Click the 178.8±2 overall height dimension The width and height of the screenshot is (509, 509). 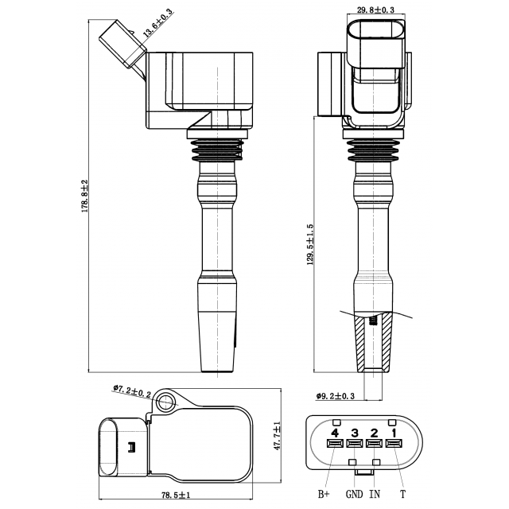[x=85, y=196]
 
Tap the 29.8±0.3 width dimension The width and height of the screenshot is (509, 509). [x=375, y=10]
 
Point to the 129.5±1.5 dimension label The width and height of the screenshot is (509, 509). [x=310, y=244]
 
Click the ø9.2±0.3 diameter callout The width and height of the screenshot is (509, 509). [x=336, y=396]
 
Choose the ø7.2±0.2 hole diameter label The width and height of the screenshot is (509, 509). [x=132, y=391]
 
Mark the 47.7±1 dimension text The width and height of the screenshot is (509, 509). [x=277, y=436]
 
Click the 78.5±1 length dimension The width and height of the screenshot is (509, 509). [x=176, y=495]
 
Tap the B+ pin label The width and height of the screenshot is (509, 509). [x=324, y=494]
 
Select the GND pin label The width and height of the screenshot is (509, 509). [x=354, y=494]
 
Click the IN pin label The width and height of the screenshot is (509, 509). [x=375, y=494]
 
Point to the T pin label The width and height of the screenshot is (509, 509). [x=403, y=494]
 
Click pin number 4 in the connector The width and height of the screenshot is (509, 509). [x=335, y=433]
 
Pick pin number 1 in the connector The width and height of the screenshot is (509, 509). [x=394, y=433]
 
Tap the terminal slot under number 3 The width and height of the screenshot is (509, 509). [x=355, y=443]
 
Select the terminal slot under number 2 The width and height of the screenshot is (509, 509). [x=375, y=443]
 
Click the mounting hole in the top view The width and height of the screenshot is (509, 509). [x=166, y=402]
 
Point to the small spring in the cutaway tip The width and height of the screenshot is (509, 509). [x=374, y=321]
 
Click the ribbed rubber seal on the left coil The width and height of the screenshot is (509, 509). [x=217, y=150]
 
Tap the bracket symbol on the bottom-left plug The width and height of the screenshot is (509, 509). [x=131, y=447]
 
